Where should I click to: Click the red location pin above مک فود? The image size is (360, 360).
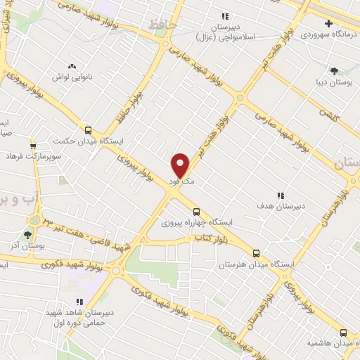(181, 165)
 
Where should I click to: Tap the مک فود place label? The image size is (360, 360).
(181, 181)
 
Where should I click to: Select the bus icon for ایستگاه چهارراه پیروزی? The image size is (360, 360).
(196, 211)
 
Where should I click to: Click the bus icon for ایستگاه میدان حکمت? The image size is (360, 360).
(88, 129)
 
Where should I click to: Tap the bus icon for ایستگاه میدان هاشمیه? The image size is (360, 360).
(343, 333)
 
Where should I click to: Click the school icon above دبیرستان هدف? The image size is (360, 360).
(280, 195)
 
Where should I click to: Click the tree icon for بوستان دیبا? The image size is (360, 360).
(333, 70)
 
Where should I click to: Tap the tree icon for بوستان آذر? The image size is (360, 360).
(28, 235)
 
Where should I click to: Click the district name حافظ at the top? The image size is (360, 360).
(161, 26)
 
